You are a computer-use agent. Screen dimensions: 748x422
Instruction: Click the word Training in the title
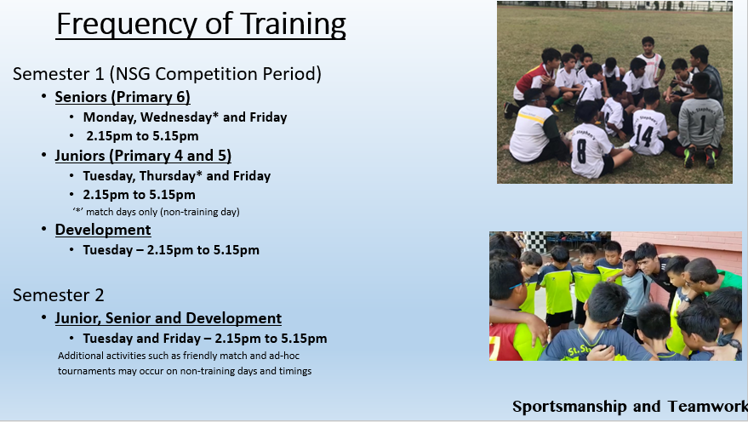click(293, 25)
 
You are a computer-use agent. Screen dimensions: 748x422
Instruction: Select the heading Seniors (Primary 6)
click(123, 97)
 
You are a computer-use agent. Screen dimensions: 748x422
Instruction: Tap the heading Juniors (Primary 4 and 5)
click(143, 156)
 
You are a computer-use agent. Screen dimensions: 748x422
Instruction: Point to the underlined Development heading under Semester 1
click(103, 230)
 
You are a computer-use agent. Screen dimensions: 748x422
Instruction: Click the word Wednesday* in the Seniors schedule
click(180, 117)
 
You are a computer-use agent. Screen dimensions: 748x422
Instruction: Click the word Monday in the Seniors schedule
click(109, 117)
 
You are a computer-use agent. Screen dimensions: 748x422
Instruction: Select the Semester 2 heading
click(58, 294)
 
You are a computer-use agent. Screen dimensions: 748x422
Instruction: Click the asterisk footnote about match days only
click(156, 212)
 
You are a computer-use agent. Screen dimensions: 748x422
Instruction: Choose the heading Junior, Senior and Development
click(168, 318)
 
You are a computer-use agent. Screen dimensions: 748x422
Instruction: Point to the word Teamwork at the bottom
click(707, 407)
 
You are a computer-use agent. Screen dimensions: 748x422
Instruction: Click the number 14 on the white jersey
click(644, 136)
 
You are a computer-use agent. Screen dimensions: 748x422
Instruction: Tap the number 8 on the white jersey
click(581, 151)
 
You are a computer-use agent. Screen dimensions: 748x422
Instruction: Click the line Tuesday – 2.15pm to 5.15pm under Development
click(171, 250)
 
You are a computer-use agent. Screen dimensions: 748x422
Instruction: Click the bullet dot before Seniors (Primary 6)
click(44, 97)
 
